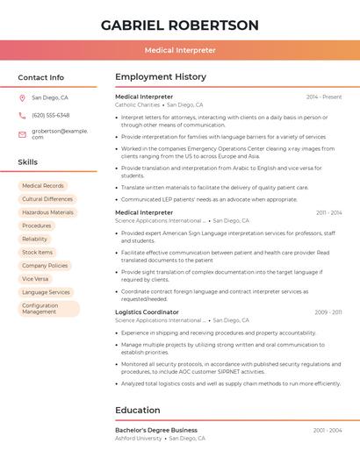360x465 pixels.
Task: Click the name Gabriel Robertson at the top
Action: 180,25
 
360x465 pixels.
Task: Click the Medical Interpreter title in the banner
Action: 180,50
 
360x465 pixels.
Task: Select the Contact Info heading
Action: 41,77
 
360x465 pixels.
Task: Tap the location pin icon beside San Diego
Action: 22,98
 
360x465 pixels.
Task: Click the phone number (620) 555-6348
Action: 50,115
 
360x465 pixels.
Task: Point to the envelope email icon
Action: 22,133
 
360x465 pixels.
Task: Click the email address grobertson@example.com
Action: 60,133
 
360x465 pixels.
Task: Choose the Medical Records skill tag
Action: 43,186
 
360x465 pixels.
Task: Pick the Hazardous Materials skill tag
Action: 47,212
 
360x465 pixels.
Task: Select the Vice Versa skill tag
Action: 35,278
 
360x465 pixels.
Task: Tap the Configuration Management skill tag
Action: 48,308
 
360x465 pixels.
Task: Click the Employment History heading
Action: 160,77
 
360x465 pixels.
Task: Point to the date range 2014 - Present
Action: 324,97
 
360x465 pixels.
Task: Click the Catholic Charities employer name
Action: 137,104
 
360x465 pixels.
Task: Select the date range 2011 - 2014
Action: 329,212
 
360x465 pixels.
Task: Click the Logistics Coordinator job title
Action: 147,311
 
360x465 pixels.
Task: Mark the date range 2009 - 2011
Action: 328,312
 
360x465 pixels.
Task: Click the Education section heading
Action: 138,410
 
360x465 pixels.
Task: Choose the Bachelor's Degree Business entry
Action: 156,430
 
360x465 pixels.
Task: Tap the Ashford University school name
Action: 139,438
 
